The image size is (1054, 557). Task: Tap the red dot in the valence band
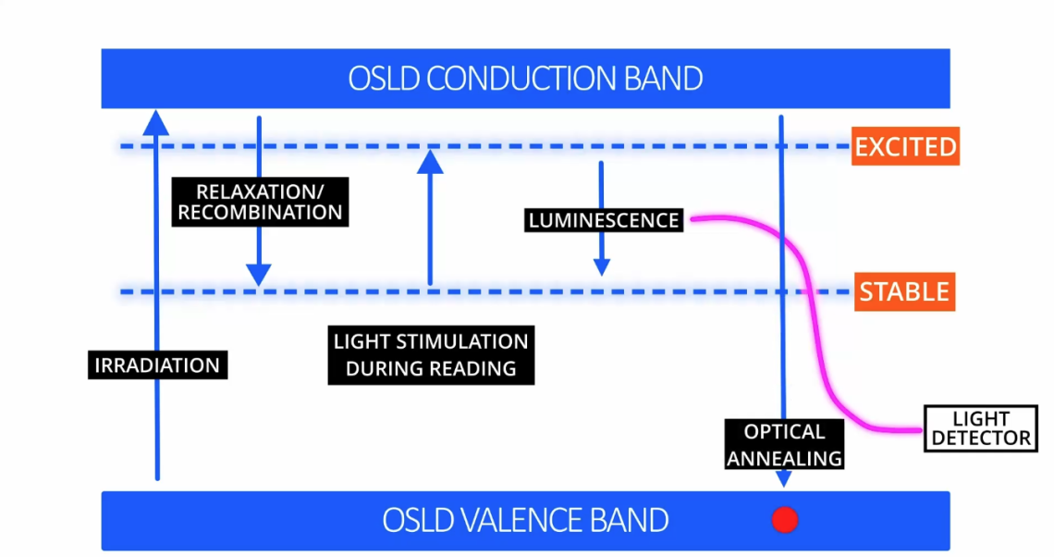(x=785, y=520)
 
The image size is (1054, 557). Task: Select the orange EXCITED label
(x=905, y=147)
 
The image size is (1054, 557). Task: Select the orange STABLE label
(x=904, y=292)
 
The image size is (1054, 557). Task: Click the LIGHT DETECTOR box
(x=980, y=428)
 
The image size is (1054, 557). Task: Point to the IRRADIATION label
(x=157, y=365)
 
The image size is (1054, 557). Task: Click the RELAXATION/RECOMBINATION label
(x=260, y=202)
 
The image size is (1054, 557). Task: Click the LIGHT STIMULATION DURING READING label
(x=431, y=354)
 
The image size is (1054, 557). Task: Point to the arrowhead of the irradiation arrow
(x=157, y=120)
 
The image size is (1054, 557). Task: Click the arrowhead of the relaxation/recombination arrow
(x=259, y=275)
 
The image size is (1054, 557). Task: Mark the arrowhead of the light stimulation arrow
(x=430, y=161)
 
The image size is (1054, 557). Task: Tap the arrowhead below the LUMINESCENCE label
(x=602, y=266)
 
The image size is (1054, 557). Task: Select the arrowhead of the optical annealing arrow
(x=784, y=478)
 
